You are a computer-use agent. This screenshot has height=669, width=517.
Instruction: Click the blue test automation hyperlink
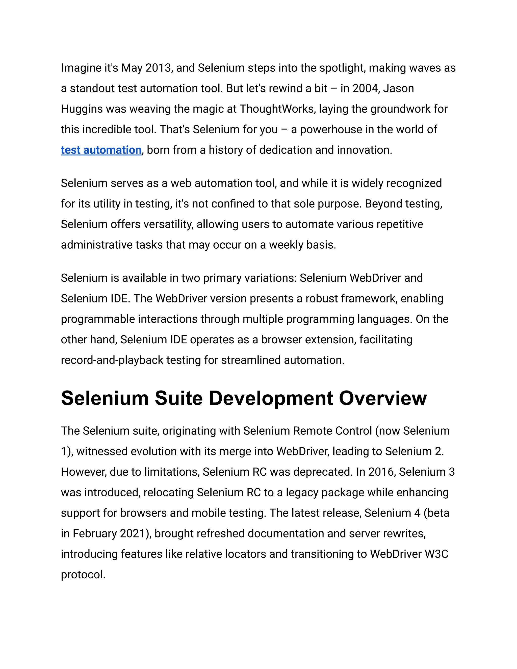tap(101, 150)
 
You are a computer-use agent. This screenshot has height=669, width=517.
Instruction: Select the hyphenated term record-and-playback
tap(112, 360)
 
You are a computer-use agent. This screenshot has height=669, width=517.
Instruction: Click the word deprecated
tap(323, 472)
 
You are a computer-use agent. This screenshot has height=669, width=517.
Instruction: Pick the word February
tap(95, 534)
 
